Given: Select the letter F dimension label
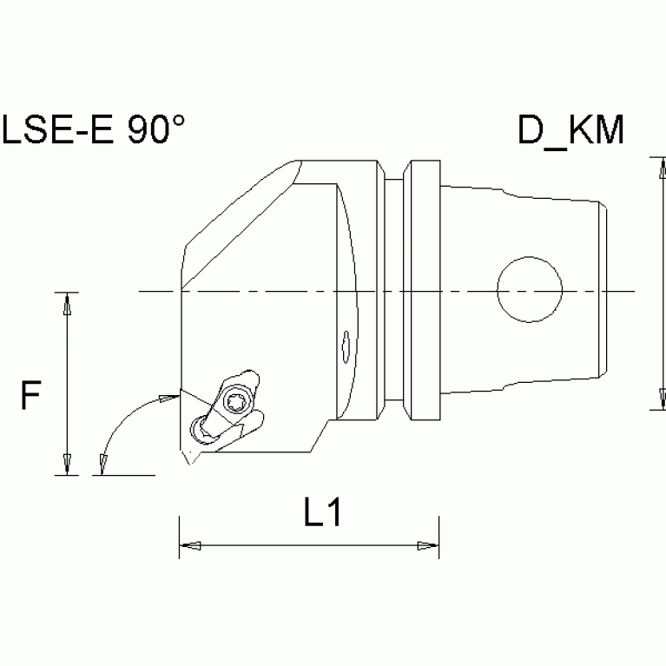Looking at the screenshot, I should click(x=31, y=399).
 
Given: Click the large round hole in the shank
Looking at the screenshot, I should click(x=529, y=287).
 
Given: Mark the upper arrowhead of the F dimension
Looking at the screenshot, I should click(x=66, y=301).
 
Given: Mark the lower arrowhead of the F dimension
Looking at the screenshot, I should click(x=66, y=466).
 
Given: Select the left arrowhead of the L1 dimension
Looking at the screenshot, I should click(x=188, y=546).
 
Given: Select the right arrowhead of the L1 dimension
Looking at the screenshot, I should click(x=428, y=546).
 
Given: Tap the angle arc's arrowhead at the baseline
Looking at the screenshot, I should click(x=102, y=465).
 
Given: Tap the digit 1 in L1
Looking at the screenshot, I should click(x=334, y=515).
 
